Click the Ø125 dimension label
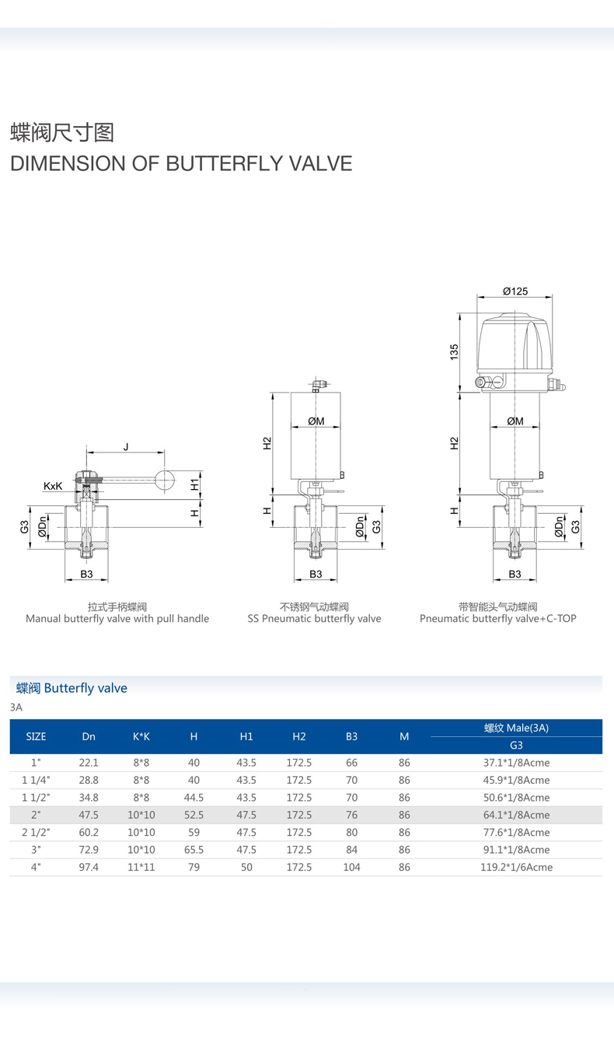pos(515,291)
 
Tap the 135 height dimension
pos(455,351)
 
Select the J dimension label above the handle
pos(125,446)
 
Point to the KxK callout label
pos(53,486)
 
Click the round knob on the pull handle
pos(165,481)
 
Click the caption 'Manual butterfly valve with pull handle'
pos(117,619)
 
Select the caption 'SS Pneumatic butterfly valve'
pos(314,619)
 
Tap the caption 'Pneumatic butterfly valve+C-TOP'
pos(497,619)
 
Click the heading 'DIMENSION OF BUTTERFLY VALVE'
pos(181,163)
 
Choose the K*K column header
pos(141,736)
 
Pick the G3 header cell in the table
pos(516,745)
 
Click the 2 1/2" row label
pos(37,832)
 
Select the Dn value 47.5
pos(89,815)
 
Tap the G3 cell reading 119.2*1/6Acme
pos(516,867)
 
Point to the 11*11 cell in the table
pos(141,867)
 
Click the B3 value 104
pos(351,867)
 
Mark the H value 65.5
pos(194,850)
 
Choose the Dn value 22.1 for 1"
pos(89,763)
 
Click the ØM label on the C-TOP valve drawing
pos(515,421)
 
